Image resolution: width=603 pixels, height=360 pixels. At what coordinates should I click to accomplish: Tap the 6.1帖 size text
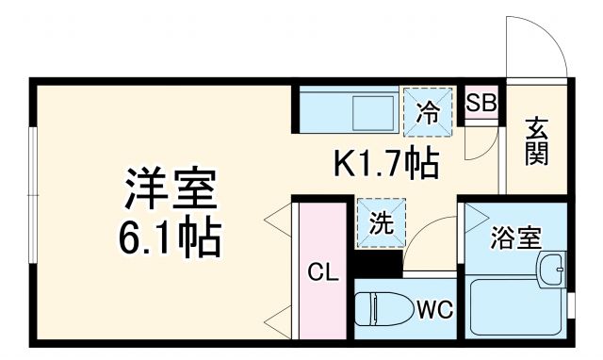[x=171, y=237]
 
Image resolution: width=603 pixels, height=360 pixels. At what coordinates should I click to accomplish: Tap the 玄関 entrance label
[x=536, y=140]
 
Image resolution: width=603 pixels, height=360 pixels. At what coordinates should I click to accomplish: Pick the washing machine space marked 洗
[x=380, y=224]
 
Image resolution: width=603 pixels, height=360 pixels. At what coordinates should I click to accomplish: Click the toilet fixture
[x=382, y=309]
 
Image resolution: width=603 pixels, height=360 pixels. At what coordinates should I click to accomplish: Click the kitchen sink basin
[x=376, y=114]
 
